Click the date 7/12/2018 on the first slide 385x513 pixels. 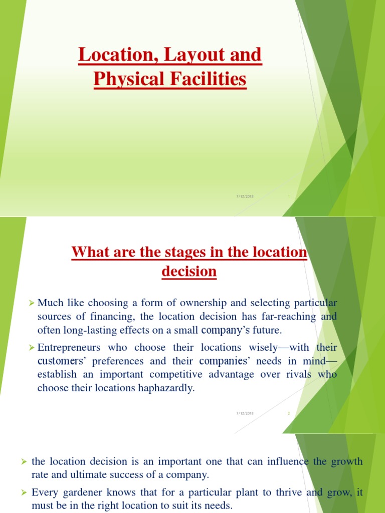coord(245,196)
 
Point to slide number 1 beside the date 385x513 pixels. coord(289,196)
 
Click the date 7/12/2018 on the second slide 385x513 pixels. coord(245,413)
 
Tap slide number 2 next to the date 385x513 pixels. coord(289,413)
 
